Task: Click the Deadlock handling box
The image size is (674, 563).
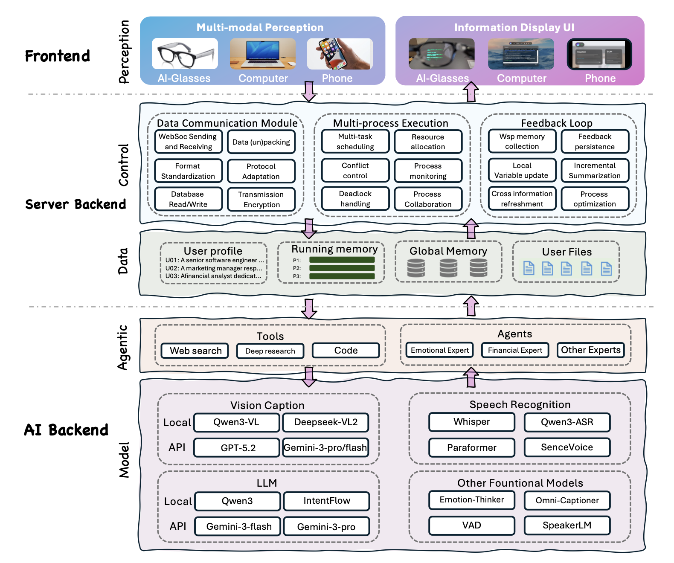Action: coord(355,199)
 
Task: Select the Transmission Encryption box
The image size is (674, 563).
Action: coord(261,199)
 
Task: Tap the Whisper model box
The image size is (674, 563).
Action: coord(471,422)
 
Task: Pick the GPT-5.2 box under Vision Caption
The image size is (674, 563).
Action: coord(238,448)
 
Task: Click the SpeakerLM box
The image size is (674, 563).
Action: coord(567,525)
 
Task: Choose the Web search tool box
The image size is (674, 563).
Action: coord(195,351)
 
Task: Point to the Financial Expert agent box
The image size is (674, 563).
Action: coord(515,350)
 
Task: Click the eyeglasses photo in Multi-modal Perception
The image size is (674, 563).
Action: coord(185,54)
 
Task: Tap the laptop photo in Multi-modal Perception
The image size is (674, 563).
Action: coord(263,54)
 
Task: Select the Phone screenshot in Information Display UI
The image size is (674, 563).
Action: coord(599,54)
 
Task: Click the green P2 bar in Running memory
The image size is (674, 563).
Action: coord(342,268)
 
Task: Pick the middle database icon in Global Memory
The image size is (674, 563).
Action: coord(448,268)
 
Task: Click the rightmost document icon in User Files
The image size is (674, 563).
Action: coord(606,269)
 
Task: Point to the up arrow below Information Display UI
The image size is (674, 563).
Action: coord(471,91)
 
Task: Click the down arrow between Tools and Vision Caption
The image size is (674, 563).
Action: coord(309,377)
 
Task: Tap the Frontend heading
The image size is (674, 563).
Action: coord(58,56)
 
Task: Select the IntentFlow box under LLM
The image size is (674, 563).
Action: coord(326,501)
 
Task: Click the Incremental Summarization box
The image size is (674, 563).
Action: coord(594,171)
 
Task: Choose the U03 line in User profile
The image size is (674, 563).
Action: coord(213,276)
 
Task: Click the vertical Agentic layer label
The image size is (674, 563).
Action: coord(123,348)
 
